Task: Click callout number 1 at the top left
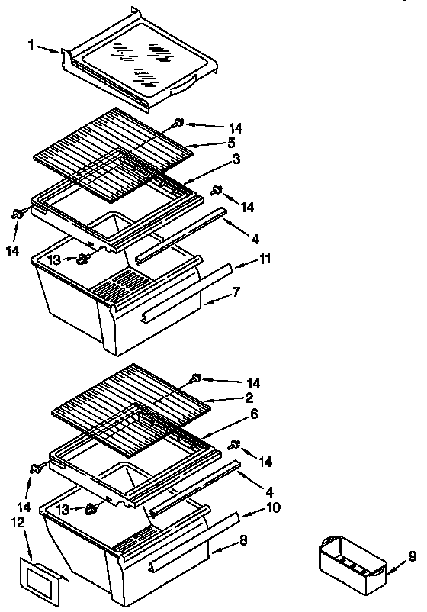coord(31,47)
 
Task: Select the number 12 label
coord(19,522)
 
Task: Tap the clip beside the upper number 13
coord(85,260)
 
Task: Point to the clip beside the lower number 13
coord(94,507)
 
